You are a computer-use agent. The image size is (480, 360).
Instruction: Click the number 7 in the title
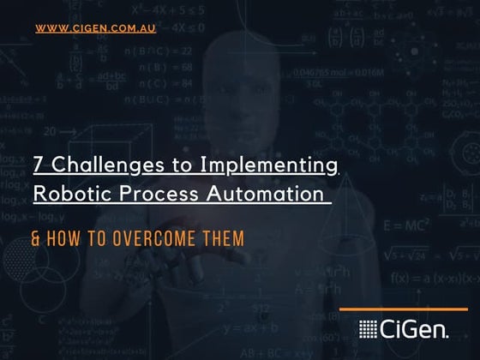39,164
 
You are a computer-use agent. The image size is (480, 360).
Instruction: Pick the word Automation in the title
267,194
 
